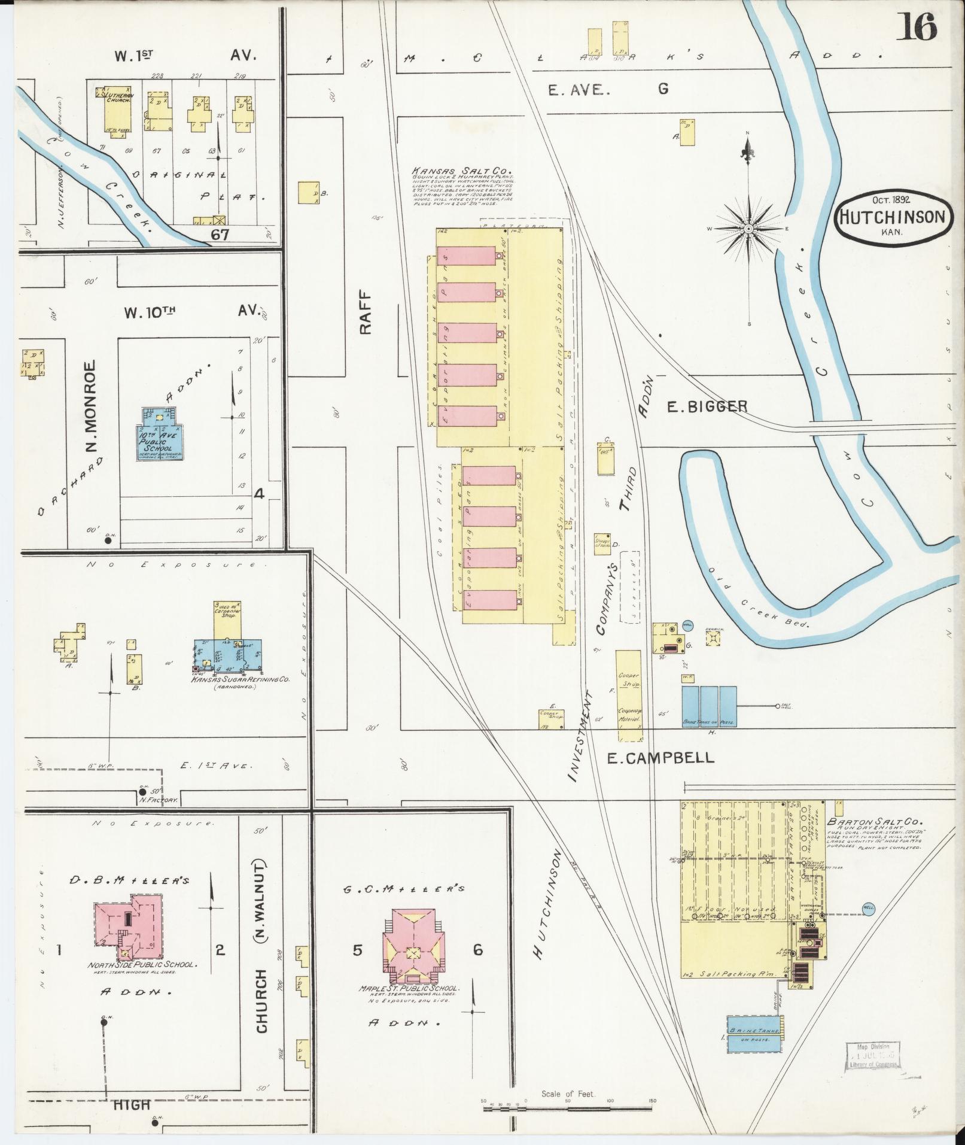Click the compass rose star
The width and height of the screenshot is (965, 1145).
pyautogui.click(x=748, y=229)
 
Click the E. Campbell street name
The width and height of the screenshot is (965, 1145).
pyautogui.click(x=660, y=758)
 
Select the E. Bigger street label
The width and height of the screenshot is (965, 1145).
pyautogui.click(x=707, y=407)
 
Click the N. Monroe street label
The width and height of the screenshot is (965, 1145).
pyautogui.click(x=89, y=407)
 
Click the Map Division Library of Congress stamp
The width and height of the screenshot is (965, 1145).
pyautogui.click(x=873, y=1055)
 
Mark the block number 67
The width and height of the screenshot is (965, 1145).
pyautogui.click(x=220, y=235)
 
